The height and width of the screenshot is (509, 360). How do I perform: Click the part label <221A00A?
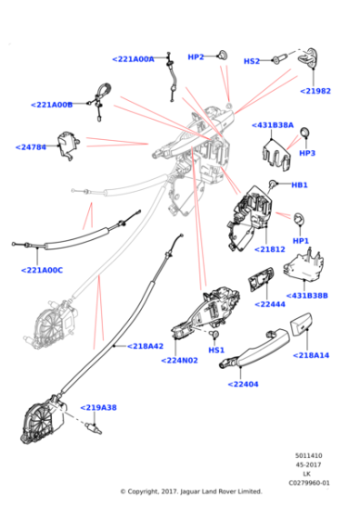(133, 59)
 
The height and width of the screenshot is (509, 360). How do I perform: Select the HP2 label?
(195, 57)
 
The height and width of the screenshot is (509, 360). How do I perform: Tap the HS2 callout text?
(252, 61)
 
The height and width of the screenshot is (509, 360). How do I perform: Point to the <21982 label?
(315, 91)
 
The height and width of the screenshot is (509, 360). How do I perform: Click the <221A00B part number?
(51, 105)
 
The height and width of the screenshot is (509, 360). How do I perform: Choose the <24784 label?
(32, 146)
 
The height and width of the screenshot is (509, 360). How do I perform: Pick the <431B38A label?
(273, 125)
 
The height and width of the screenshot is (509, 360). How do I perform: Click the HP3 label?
(306, 154)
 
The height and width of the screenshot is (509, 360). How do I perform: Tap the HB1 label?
(299, 185)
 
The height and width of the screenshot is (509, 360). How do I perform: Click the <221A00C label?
(42, 269)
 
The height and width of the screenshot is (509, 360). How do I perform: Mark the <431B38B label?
(307, 295)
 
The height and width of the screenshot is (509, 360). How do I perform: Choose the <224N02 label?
(180, 359)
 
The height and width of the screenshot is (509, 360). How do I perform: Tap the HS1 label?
(215, 350)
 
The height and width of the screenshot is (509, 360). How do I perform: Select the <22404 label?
(243, 384)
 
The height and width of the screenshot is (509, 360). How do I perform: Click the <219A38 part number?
(98, 408)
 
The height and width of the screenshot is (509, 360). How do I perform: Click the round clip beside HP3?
(306, 135)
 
